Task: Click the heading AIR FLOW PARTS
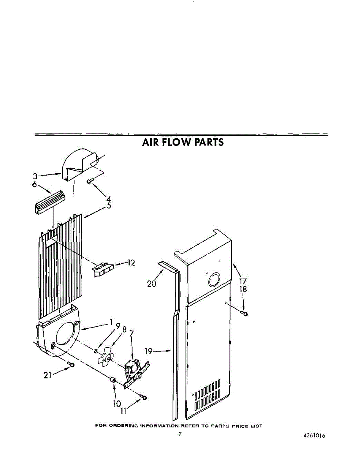click(x=183, y=142)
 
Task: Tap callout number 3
click(x=35, y=176)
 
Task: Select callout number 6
click(x=34, y=185)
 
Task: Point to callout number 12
click(x=131, y=263)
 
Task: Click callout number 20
click(x=152, y=283)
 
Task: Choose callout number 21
click(x=48, y=375)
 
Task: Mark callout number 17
click(x=243, y=282)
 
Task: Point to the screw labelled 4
click(x=90, y=181)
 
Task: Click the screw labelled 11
click(x=144, y=397)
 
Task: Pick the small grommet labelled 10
click(x=112, y=380)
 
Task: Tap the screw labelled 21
click(x=71, y=365)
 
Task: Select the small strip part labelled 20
click(x=168, y=266)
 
